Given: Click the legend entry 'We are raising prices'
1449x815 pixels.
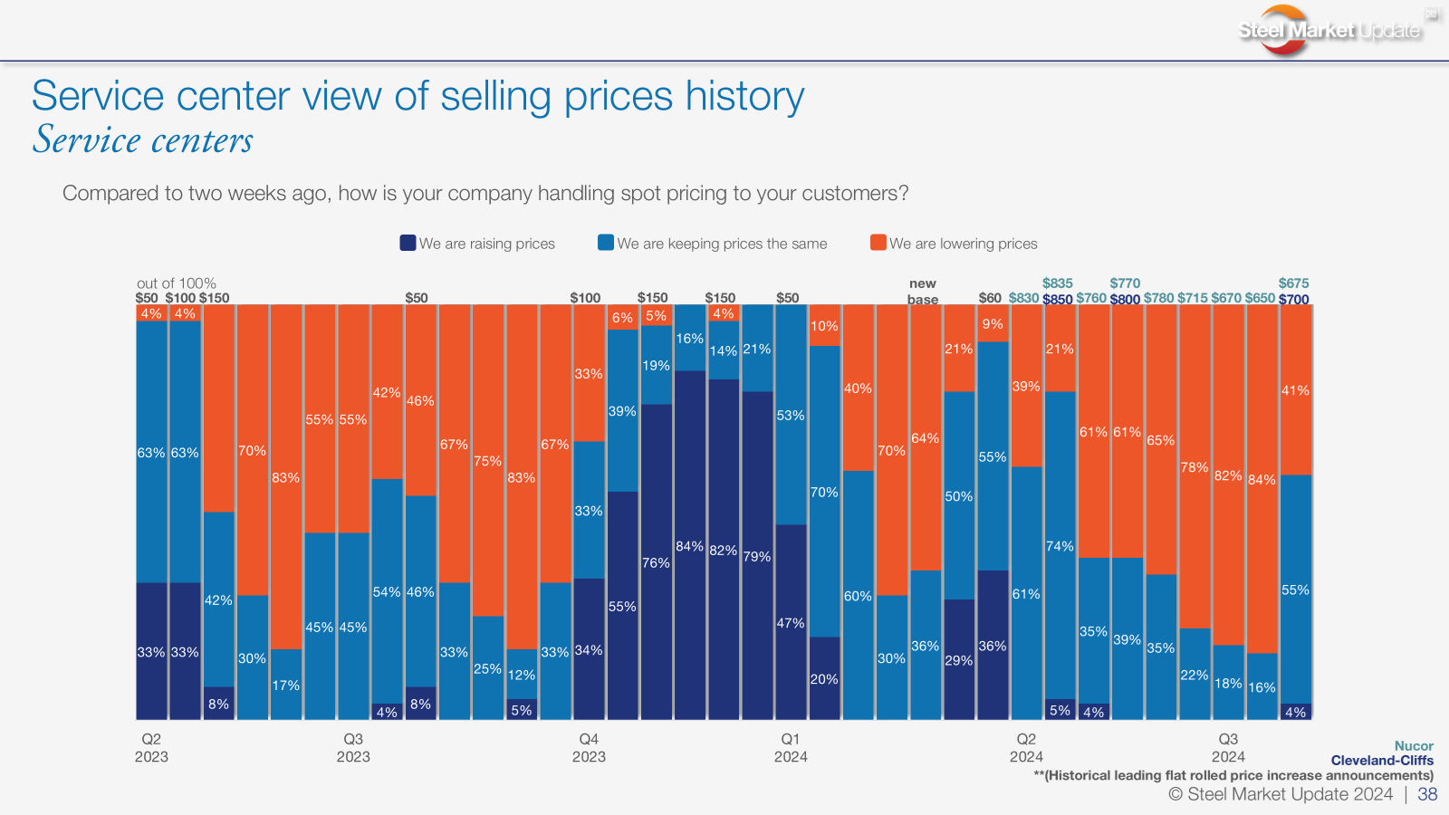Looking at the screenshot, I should tap(477, 244).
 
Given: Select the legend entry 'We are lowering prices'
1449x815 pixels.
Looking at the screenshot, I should tap(954, 244).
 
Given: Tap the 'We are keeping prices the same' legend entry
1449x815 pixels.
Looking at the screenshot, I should tap(713, 244).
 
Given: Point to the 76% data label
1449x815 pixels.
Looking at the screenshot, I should tap(656, 562).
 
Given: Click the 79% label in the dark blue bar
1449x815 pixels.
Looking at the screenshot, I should tap(757, 556).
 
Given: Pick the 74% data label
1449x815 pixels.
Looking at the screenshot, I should tap(1060, 546).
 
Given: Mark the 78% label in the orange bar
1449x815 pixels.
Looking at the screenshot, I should tap(1195, 467).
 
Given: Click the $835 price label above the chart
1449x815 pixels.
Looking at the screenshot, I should tap(1058, 283).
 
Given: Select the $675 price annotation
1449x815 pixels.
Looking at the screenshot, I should tap(1294, 283).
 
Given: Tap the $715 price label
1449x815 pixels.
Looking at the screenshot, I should tap(1193, 298).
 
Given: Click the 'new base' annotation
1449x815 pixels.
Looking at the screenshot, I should tap(923, 291).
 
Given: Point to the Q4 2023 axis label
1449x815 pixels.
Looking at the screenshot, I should tap(589, 748).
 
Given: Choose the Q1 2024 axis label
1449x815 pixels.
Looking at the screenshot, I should tap(791, 748).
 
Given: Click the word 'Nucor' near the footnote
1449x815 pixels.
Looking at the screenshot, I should tap(1414, 746).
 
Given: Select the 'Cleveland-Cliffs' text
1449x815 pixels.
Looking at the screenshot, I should tap(1382, 761).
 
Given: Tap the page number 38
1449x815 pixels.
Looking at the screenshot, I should tap(1427, 794).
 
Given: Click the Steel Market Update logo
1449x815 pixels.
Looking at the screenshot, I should tap(1329, 31).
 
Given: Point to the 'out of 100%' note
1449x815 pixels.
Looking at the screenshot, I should tap(177, 283).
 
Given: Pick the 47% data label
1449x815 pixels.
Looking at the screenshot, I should tap(791, 623).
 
